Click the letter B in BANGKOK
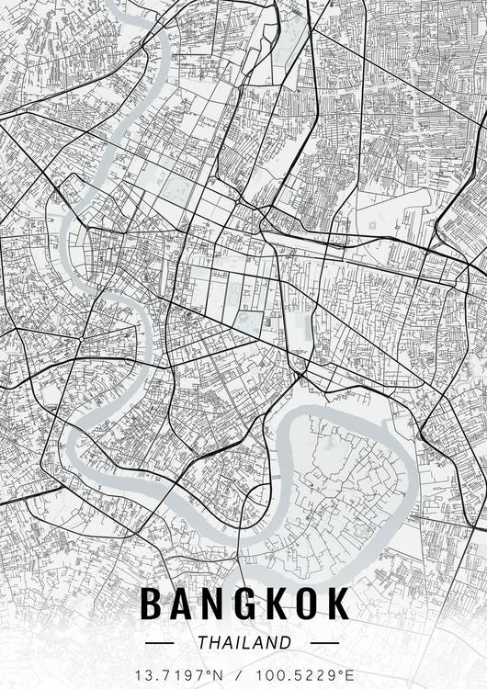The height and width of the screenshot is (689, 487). pos(151,604)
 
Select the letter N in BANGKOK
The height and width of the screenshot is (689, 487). pos(213,604)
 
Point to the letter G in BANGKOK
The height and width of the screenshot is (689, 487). pos(245,604)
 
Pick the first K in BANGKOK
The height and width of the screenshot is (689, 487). pos(277,604)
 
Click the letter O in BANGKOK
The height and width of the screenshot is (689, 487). pos(308,604)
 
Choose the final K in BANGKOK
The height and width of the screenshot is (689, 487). pos(339,604)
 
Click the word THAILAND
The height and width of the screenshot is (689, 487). pos(243,642)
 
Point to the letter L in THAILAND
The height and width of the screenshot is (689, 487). pos(249,642)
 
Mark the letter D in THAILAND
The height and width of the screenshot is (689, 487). pos(285,642)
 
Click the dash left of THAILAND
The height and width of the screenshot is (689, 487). pos(166,643)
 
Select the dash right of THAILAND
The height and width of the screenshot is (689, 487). pos(321,643)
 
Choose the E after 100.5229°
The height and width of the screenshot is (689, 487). pos(348,674)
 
